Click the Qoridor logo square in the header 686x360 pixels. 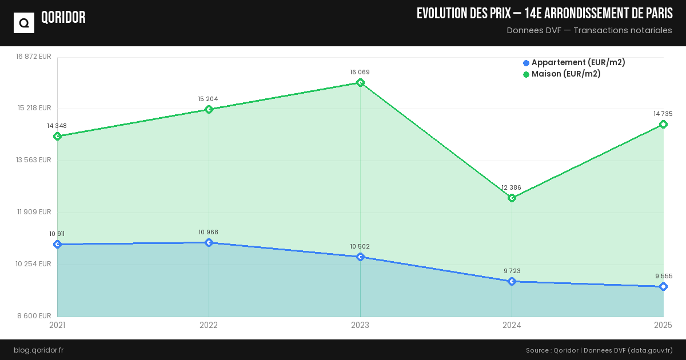(x=24, y=23)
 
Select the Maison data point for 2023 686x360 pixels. (x=360, y=83)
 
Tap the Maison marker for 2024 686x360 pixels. (x=512, y=198)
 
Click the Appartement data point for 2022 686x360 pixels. (x=209, y=243)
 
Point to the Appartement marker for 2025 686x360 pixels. (x=663, y=287)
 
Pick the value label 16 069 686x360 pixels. (x=360, y=73)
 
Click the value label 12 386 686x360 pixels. (x=512, y=187)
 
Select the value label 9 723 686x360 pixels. (x=512, y=271)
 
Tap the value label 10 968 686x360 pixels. (x=209, y=232)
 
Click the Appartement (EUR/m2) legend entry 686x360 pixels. (x=574, y=62)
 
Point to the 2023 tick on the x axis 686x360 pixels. (x=360, y=325)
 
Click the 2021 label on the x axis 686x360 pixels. (x=57, y=325)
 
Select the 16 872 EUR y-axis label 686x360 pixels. (x=34, y=57)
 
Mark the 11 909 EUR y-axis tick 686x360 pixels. (x=34, y=212)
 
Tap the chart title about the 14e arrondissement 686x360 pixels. (x=544, y=14)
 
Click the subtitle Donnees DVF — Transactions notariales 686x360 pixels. (x=589, y=30)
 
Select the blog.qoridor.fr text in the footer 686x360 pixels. (x=39, y=350)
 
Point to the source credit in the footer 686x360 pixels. (x=599, y=350)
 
